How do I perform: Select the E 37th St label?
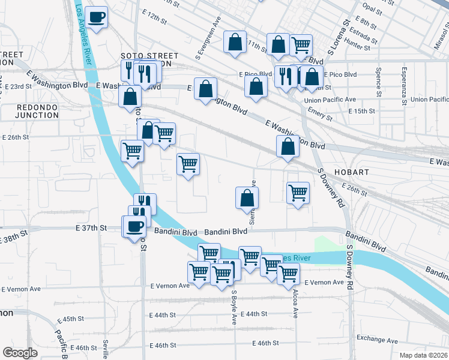(91, 228)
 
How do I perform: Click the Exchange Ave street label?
(378, 340)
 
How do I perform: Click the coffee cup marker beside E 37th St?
(134, 226)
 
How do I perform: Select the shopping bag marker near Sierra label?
(247, 197)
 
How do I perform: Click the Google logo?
(20, 353)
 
